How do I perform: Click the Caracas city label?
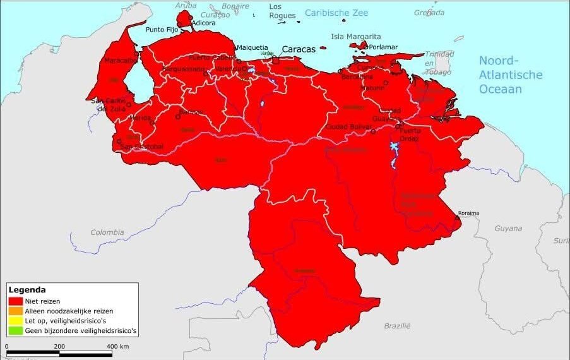298,49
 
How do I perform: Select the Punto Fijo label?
162,29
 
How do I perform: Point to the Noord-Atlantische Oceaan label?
510,75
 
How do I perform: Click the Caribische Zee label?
336,13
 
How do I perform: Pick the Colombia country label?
107,232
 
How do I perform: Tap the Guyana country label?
508,228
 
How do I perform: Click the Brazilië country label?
397,325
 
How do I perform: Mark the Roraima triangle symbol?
457,218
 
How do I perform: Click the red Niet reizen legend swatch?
15,301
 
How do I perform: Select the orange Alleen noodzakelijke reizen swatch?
15,311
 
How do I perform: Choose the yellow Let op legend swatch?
15,321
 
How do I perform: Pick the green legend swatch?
15,330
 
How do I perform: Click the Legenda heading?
27,290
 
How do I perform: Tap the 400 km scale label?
117,347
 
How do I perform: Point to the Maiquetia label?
252,47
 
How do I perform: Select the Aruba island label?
186,5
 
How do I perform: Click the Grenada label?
429,12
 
